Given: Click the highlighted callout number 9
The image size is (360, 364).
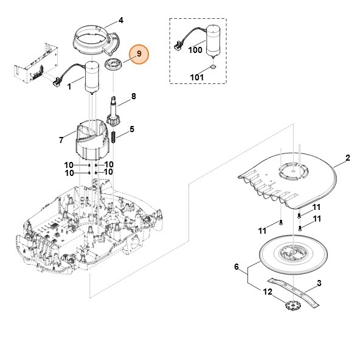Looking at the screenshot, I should click(139, 54).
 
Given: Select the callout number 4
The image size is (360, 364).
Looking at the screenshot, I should click(120, 20).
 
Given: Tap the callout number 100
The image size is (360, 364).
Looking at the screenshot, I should click(195, 50).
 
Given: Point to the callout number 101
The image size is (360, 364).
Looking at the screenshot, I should click(196, 77).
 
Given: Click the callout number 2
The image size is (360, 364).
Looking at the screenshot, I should click(347, 158).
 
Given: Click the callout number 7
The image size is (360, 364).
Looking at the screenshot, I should click(61, 141).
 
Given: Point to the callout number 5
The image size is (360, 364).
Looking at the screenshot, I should click(132, 129).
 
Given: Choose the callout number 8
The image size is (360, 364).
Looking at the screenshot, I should click(133, 96).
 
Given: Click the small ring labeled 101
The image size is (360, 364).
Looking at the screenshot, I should click(214, 67).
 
